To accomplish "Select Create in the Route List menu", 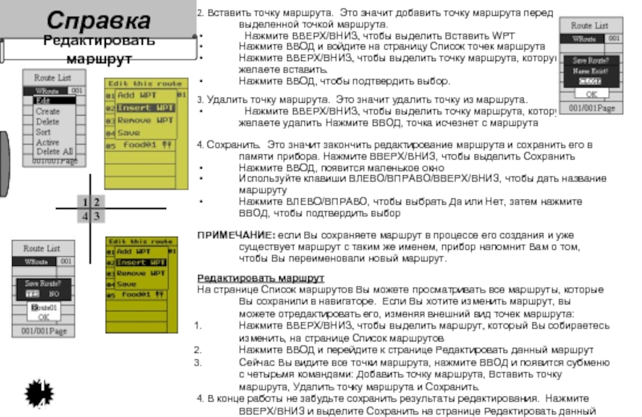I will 47,111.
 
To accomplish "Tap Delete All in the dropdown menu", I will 54,151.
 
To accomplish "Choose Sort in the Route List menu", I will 43,131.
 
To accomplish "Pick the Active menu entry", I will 47,141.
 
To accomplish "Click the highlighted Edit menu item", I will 43,100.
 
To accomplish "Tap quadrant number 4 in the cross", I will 85,216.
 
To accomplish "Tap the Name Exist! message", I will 589,70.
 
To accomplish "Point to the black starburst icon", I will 39,393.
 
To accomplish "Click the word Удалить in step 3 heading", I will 227,99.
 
